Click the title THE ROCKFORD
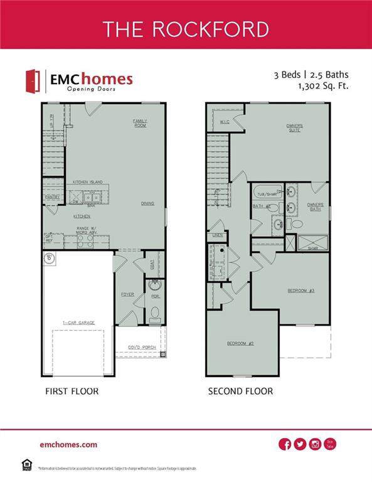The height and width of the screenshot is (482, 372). click(x=186, y=29)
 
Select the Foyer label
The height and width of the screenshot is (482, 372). click(x=127, y=294)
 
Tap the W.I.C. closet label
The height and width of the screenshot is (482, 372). click(x=224, y=121)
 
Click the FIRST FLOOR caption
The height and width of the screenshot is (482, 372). click(x=71, y=391)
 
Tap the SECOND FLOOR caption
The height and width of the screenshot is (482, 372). click(x=240, y=391)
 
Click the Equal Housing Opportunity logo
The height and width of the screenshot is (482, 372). click(x=27, y=465)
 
